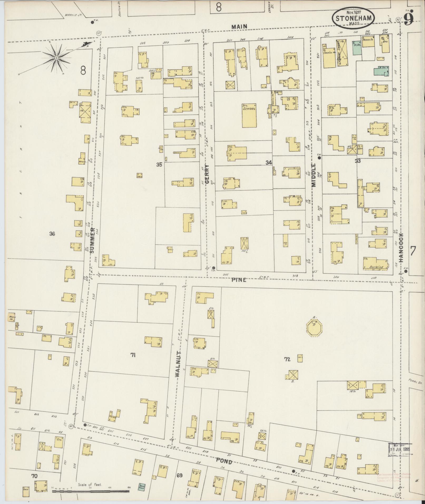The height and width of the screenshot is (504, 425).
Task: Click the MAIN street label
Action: pyautogui.click(x=239, y=26)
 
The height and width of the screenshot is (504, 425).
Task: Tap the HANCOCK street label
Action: pyautogui.click(x=401, y=248)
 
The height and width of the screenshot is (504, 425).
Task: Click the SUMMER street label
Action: pyautogui.click(x=92, y=240)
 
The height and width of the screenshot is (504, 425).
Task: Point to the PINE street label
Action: pyautogui.click(x=239, y=280)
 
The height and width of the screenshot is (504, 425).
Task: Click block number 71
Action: pyautogui.click(x=133, y=355)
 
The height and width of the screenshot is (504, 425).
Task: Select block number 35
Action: pyautogui.click(x=159, y=165)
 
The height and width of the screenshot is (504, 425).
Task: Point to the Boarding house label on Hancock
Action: pyautogui.click(x=376, y=267)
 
